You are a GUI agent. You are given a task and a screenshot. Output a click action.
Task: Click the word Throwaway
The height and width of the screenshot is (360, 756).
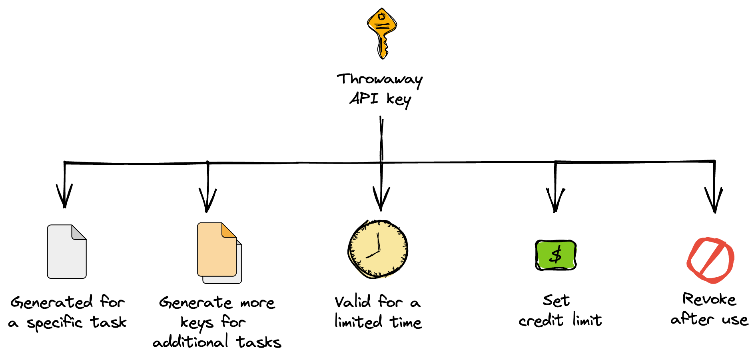click(x=379, y=80)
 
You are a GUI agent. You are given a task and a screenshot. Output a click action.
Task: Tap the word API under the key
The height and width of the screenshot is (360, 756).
click(x=364, y=98)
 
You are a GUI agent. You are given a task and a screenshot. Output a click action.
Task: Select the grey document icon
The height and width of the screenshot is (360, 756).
click(x=67, y=252)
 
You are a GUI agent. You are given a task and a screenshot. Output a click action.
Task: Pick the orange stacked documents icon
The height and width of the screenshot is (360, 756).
click(x=218, y=252)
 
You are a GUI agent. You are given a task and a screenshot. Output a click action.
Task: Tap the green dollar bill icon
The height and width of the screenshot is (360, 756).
click(x=555, y=255)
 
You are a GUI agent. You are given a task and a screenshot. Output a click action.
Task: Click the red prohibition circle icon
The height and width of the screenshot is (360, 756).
click(x=710, y=260)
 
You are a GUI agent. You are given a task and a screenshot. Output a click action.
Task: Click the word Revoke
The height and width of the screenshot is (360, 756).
click(x=709, y=299)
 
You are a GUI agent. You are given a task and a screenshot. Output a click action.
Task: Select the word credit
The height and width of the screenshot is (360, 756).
click(x=541, y=320)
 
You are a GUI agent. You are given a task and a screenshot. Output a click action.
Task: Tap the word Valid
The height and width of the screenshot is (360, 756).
click(x=353, y=302)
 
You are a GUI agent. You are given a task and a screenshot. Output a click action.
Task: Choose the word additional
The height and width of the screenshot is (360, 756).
click(x=190, y=342)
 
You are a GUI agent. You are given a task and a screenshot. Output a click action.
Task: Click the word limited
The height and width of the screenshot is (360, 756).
click(x=358, y=322)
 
